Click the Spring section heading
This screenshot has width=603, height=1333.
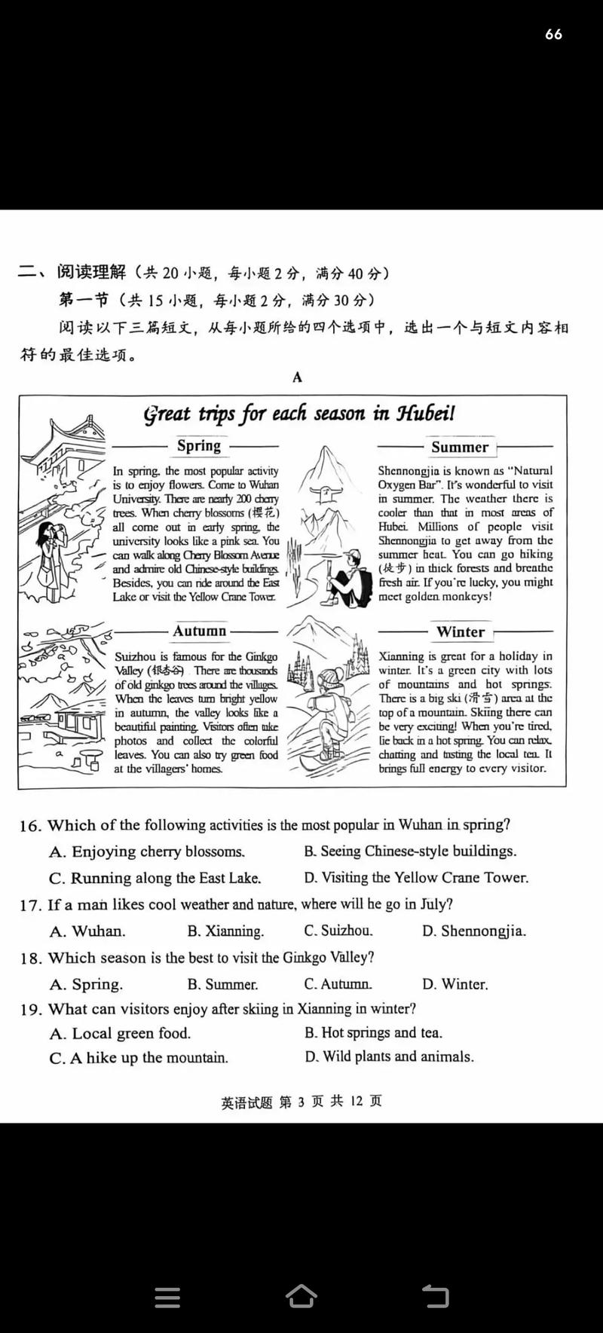click(x=198, y=445)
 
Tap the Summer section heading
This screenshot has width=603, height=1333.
click(x=460, y=447)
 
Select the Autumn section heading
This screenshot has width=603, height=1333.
click(x=199, y=631)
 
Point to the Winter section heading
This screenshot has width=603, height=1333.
click(x=461, y=632)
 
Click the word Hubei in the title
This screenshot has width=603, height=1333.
click(x=425, y=414)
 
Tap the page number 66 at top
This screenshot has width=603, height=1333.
click(x=553, y=34)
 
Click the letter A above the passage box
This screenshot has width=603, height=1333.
click(x=297, y=377)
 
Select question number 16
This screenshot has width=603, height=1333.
click(x=30, y=826)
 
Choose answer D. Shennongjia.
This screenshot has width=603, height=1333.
click(x=473, y=931)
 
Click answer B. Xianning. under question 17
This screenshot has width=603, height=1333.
click(x=225, y=931)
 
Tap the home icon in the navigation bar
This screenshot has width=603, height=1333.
click(x=301, y=1296)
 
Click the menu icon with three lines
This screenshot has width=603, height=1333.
click(x=167, y=1297)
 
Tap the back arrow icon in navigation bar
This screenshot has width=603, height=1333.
click(x=435, y=1296)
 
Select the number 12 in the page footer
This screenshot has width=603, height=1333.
click(x=356, y=1101)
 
